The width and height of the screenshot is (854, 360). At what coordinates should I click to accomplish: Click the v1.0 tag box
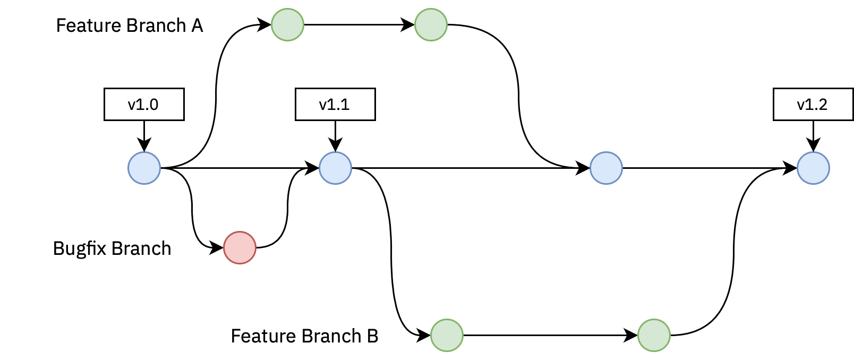(x=144, y=105)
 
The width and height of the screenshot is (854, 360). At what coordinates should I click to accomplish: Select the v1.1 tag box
(x=335, y=105)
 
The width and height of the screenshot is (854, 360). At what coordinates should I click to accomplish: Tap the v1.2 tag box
(x=813, y=105)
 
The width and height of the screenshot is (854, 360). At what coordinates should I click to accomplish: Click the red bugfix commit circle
(x=240, y=247)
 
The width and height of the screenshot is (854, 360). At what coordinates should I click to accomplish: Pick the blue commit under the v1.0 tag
(x=144, y=168)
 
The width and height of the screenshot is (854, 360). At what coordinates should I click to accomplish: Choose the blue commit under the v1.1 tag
(x=335, y=168)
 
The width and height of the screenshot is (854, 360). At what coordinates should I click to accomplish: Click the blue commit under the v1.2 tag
(x=813, y=168)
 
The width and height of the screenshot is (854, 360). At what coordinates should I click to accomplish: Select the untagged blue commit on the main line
(x=606, y=168)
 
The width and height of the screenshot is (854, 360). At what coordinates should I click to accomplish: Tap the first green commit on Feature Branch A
(x=287, y=24)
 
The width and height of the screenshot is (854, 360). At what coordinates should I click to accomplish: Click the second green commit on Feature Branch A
(x=431, y=24)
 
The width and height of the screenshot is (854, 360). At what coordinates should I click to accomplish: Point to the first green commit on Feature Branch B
(x=447, y=335)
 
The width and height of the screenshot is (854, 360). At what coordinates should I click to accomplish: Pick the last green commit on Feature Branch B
(x=654, y=335)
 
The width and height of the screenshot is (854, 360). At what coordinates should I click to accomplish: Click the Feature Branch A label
(x=130, y=25)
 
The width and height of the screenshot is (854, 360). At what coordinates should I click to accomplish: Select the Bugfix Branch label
(x=112, y=248)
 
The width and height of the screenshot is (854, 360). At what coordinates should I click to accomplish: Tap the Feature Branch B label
(x=304, y=336)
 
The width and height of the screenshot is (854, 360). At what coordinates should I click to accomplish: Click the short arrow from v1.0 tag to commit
(x=144, y=136)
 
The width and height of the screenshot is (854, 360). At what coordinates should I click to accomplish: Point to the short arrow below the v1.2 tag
(x=813, y=136)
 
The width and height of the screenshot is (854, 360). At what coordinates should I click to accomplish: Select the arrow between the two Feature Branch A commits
(x=359, y=24)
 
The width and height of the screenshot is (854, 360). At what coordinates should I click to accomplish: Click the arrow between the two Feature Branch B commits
(x=550, y=335)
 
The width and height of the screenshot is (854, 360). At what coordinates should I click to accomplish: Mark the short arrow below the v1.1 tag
(x=335, y=136)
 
